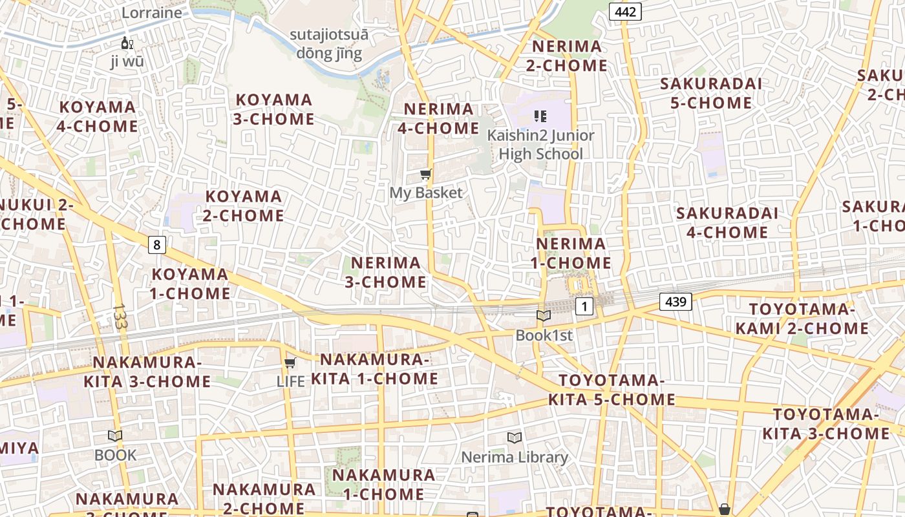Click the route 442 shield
point(625,12)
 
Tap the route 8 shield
point(156,245)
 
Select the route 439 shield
point(676,301)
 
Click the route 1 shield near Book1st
point(584,306)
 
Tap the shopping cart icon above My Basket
point(425,174)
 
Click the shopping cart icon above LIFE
point(290,363)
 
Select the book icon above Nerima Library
point(514,438)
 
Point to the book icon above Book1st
point(544,316)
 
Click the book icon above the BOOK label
point(115,436)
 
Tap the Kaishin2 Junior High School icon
point(540,116)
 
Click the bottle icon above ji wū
point(127,43)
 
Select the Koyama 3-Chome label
point(275,109)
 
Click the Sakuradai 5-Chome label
point(710,93)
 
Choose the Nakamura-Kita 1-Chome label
point(375,369)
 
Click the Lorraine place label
point(152,12)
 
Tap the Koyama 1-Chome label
point(190,284)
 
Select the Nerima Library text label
point(514,458)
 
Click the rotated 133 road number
point(119,317)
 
